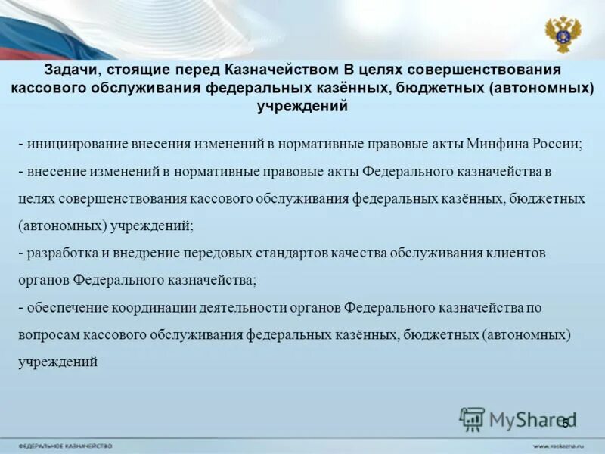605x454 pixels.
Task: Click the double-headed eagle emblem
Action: [563, 34]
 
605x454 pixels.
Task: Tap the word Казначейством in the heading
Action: [275, 70]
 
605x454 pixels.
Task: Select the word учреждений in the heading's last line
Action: [302, 106]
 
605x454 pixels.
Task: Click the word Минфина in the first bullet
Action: [492, 143]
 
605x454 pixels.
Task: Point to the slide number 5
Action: [564, 422]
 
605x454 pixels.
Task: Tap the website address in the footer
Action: [560, 446]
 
